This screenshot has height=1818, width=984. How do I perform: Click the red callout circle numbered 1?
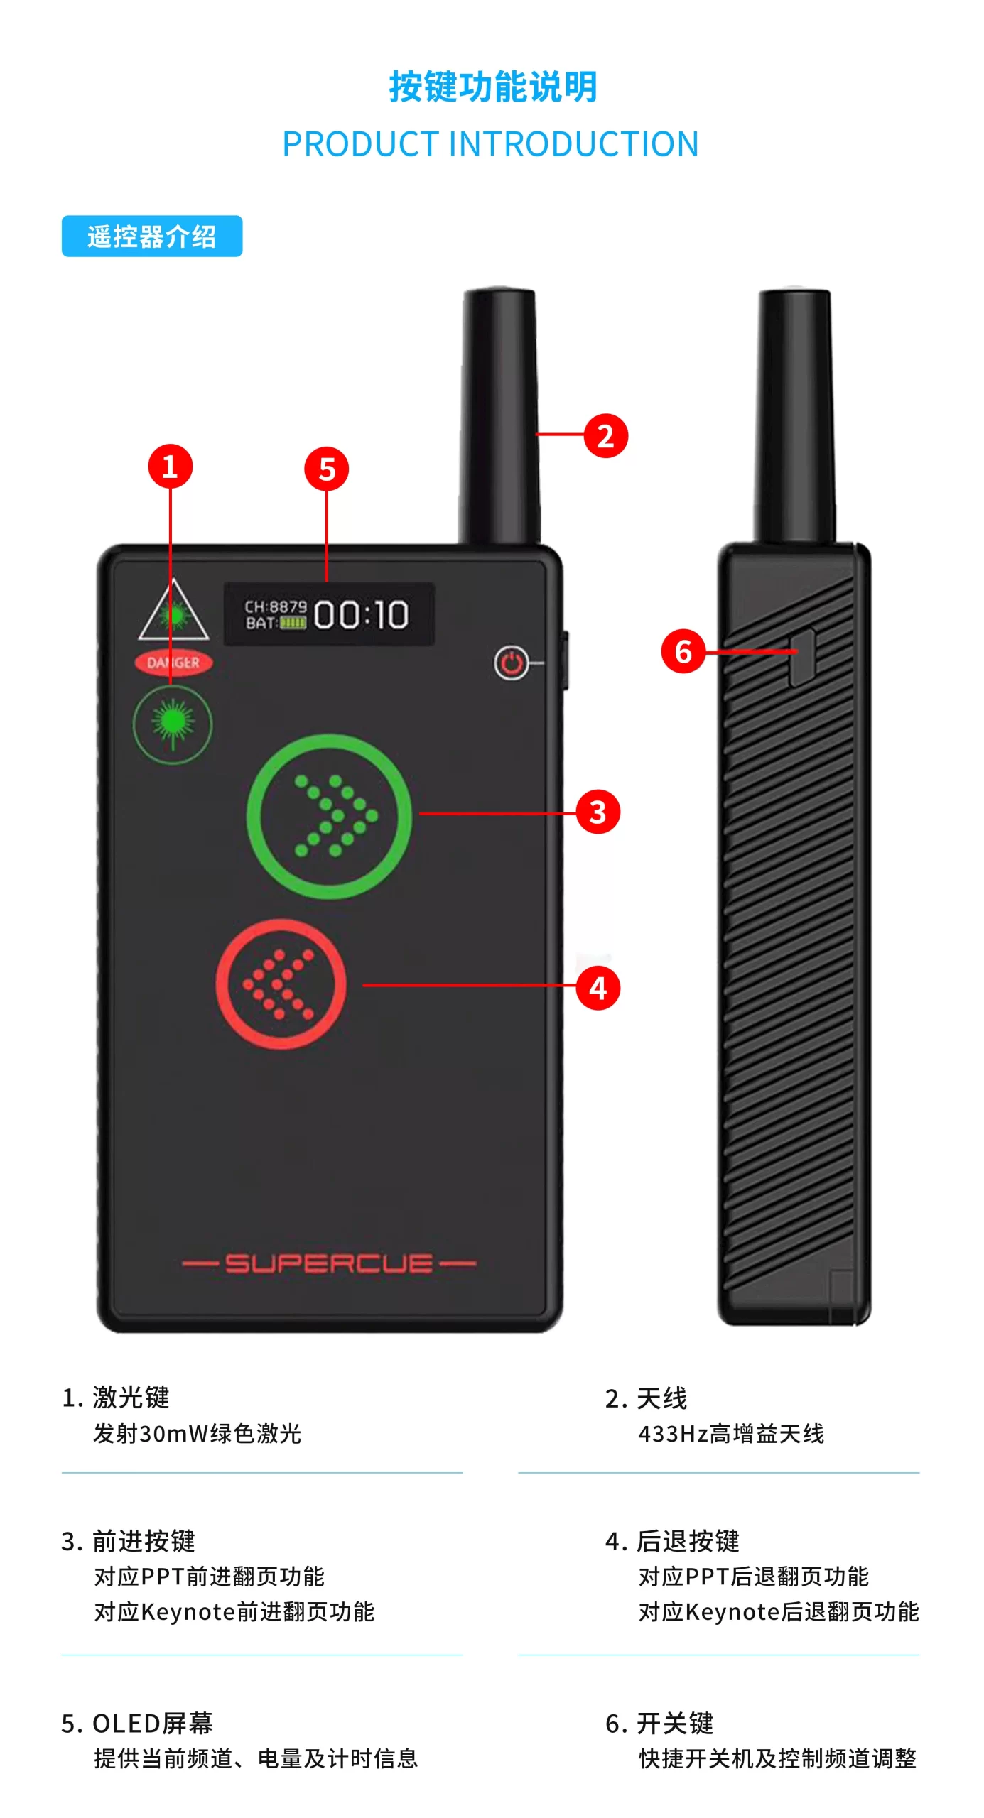pos(170,467)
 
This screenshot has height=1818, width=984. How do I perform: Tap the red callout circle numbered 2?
pos(605,435)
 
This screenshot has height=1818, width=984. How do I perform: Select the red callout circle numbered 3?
pos(598,812)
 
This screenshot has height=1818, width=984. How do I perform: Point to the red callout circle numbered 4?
pos(598,988)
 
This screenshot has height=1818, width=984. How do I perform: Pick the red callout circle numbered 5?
pos(326,469)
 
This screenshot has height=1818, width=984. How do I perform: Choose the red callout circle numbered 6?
pos(683,651)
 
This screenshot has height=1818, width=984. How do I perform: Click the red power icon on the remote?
pos(512,663)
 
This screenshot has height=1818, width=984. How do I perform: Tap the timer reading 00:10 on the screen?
pos(361,614)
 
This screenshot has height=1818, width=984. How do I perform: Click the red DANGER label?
pos(173,663)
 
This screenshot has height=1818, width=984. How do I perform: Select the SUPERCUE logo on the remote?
pos(329,1263)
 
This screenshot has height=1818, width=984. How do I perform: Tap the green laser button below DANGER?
pos(173,724)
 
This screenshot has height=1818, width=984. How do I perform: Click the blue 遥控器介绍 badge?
pos(152,236)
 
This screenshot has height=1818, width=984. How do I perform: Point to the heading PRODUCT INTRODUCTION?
pos(491,144)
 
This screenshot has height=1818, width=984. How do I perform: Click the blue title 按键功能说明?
pos(493,87)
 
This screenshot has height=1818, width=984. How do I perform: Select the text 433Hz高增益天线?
pos(731,1434)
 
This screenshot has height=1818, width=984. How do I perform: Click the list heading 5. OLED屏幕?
pos(137,1724)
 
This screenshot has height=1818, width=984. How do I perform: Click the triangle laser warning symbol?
pos(173,610)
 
